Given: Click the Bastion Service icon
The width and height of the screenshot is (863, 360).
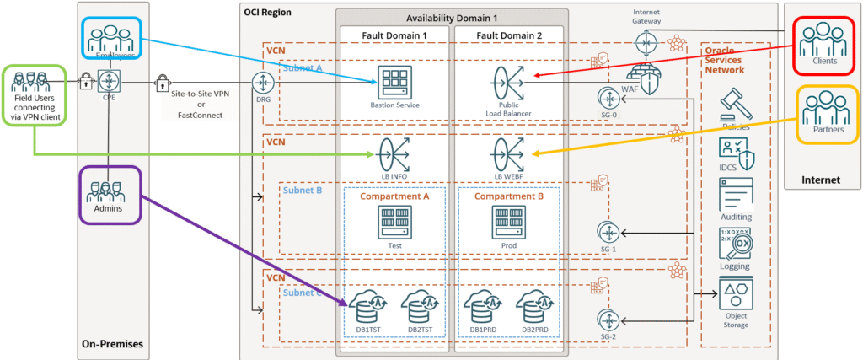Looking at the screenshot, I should coord(394,82).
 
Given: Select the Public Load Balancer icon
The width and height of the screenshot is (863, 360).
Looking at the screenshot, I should coord(508,82).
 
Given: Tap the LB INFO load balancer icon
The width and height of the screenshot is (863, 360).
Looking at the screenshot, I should coord(394,154).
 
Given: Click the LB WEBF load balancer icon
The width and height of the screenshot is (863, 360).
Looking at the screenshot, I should coord(508,154).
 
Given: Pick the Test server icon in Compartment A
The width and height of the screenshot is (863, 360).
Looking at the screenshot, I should coord(394,222).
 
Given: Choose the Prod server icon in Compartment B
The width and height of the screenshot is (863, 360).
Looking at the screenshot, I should coord(508,222).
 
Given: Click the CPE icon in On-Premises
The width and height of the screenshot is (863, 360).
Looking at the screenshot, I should coord(110,82).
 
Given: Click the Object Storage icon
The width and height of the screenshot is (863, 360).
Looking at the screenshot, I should coord(736,295).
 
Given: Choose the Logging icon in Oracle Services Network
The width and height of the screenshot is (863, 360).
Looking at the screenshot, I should coord(736,243).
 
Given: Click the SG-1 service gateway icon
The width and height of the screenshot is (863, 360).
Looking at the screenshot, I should coord(608,231).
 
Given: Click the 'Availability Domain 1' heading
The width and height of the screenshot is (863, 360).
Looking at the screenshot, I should coord(453,18).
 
